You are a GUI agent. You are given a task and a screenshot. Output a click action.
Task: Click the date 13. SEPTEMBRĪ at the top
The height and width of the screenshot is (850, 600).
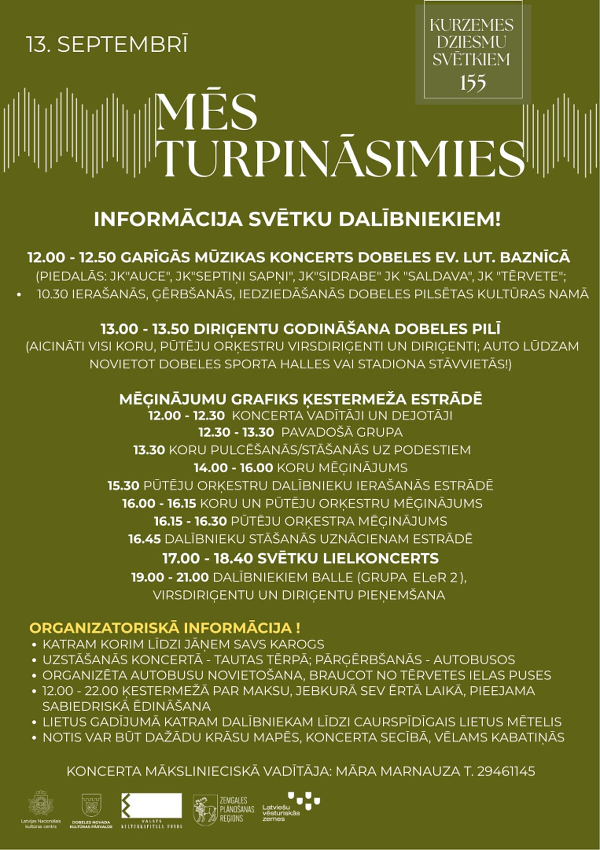click(x=107, y=45)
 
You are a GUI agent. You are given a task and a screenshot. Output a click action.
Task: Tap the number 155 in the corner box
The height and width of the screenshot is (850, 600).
click(x=472, y=83)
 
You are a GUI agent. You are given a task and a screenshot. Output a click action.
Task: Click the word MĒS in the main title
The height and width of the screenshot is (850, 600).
click(x=206, y=113)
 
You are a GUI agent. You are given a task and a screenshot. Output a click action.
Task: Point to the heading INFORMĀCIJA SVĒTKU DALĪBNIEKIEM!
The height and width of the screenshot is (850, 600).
click(x=297, y=220)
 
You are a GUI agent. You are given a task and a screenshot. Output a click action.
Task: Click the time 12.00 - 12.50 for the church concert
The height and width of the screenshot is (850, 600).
click(x=72, y=258)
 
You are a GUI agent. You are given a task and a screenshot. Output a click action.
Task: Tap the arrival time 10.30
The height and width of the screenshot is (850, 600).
click(x=52, y=294)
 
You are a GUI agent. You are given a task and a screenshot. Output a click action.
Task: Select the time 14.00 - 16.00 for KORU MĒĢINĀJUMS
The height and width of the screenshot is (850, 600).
click(x=233, y=468)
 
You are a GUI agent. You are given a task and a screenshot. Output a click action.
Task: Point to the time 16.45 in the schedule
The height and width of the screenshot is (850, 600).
click(x=144, y=539)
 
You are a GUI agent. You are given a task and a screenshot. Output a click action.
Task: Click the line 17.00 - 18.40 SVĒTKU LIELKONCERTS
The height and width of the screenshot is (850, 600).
click(x=300, y=558)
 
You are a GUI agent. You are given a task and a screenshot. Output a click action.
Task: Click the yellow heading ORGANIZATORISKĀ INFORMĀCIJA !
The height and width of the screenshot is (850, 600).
click(x=165, y=628)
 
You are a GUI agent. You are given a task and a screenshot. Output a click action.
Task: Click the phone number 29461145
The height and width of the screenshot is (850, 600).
click(x=506, y=771)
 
